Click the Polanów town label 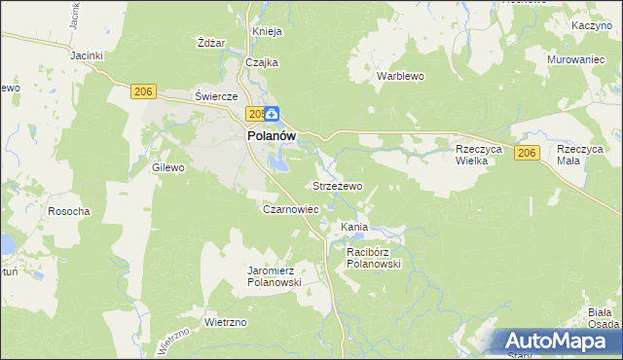click(271, 137)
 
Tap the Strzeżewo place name click(337, 185)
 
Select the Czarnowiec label click(291, 209)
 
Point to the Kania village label click(353, 227)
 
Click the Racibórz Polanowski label click(374, 257)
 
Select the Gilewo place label click(167, 167)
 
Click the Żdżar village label click(211, 44)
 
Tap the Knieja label click(267, 31)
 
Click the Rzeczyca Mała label click(580, 155)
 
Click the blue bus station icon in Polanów click(274, 115)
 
